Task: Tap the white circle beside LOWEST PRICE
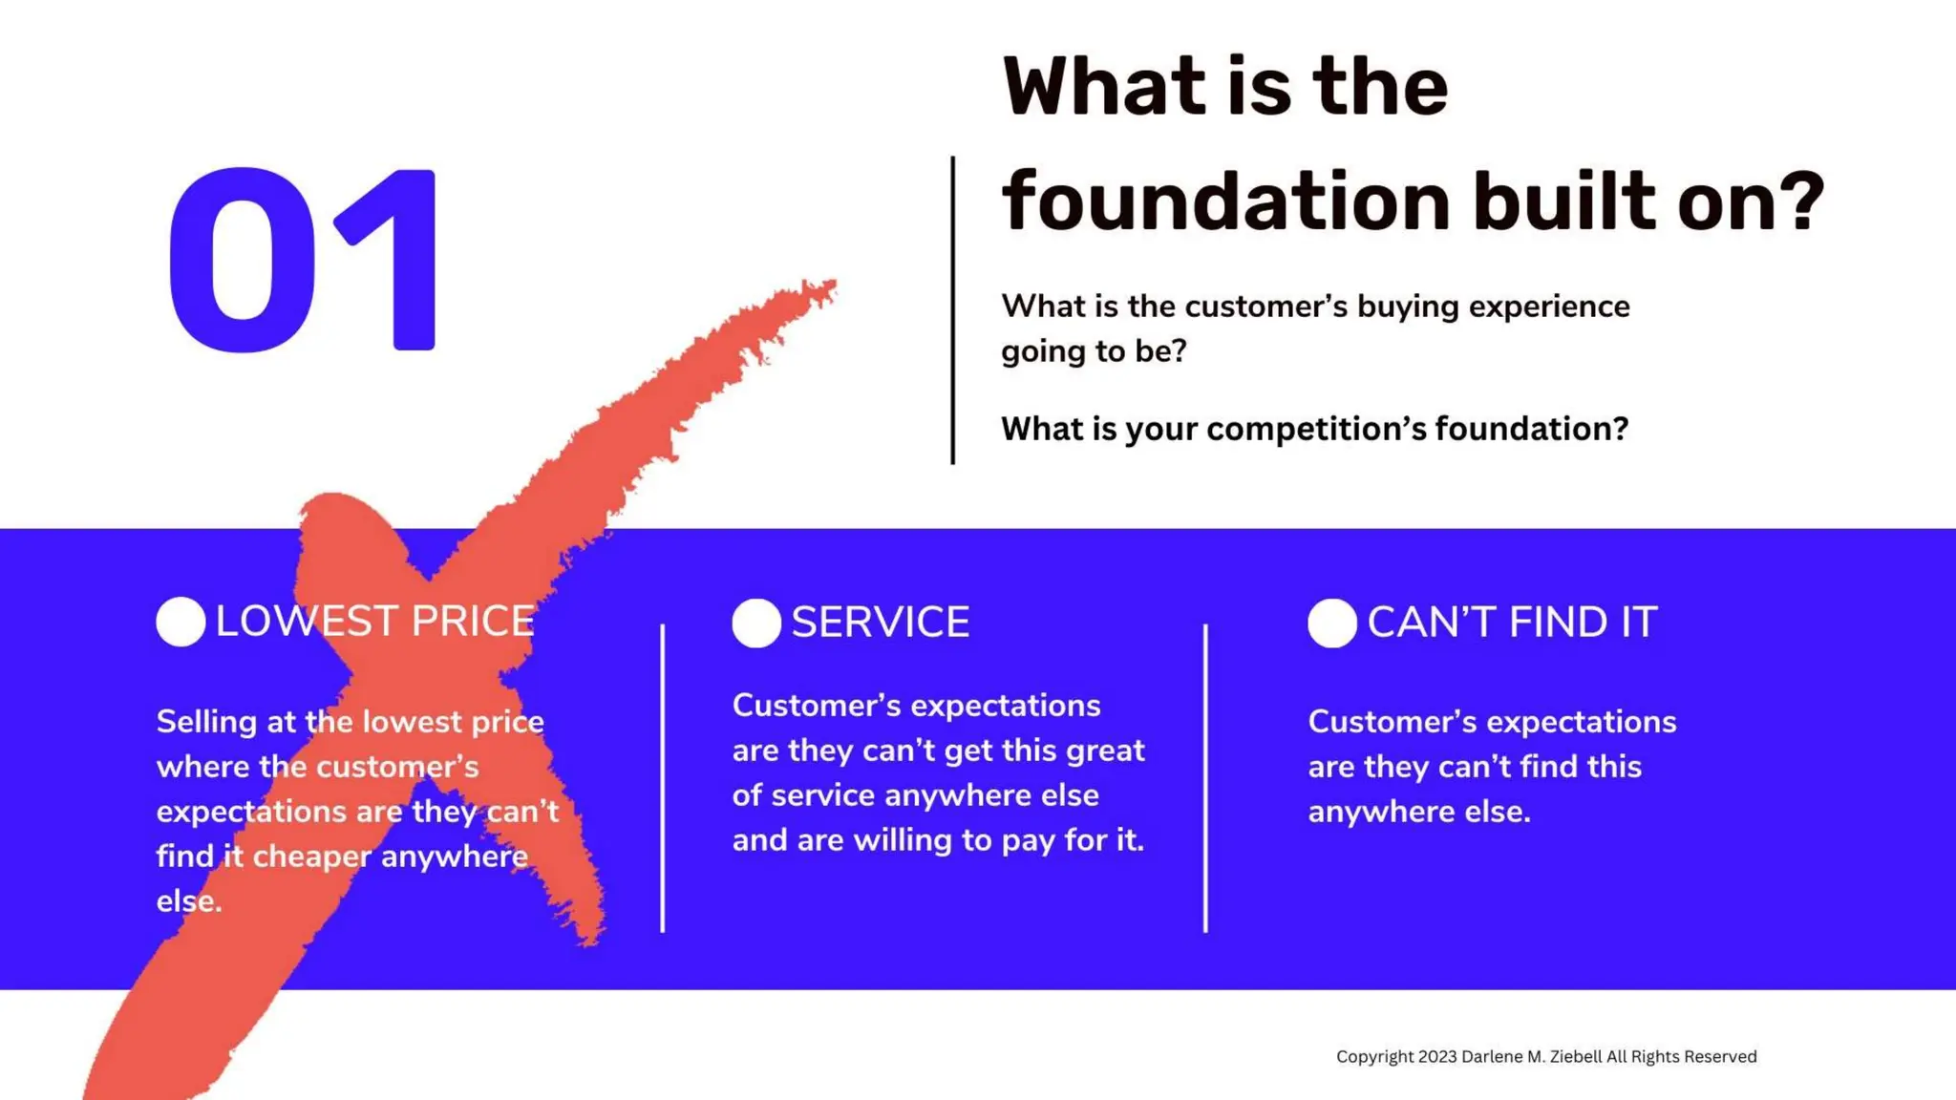[181, 622]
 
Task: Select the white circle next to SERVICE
[756, 623]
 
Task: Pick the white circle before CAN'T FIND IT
[1332, 623]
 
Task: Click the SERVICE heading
[880, 623]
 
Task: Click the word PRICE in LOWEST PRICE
[473, 622]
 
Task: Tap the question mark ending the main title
[1802, 201]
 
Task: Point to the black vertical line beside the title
[952, 310]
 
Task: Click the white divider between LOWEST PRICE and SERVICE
[662, 778]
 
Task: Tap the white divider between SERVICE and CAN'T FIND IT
[1205, 778]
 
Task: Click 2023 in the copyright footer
[1437, 1056]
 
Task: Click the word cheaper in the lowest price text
[311, 857]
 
